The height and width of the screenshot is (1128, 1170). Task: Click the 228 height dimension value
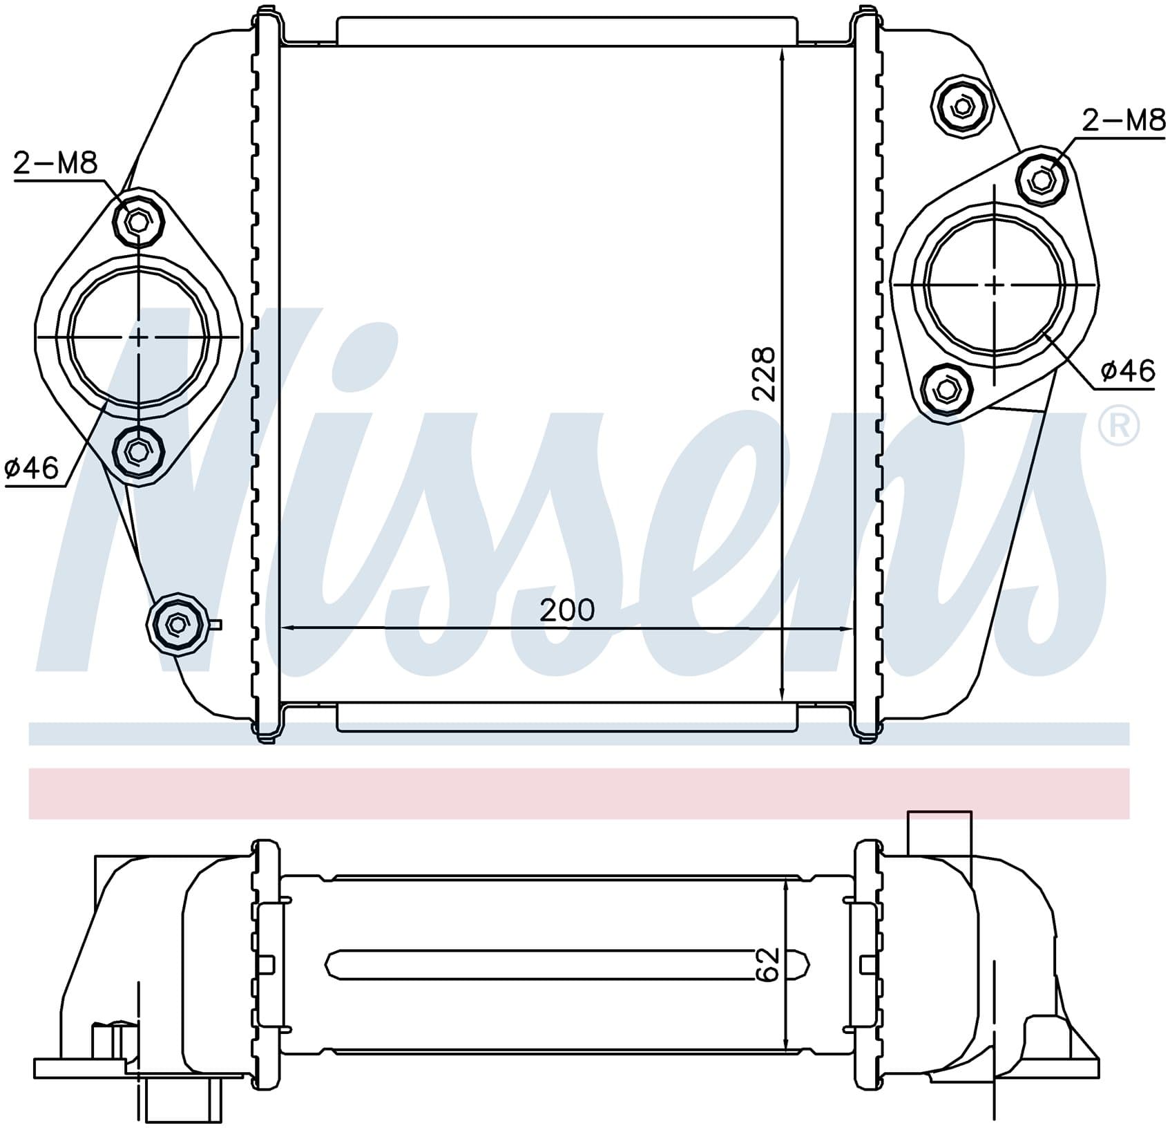764,374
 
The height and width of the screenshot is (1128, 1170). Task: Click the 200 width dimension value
566,610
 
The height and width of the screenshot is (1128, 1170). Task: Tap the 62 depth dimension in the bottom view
767,964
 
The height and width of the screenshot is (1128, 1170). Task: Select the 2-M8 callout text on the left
56,164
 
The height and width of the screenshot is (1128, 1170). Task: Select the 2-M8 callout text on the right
1123,121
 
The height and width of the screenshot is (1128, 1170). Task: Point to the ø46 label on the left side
32,469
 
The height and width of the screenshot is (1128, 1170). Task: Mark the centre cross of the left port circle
139,337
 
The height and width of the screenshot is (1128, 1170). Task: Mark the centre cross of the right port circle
995,284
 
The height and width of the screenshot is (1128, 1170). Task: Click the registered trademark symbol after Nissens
1119,426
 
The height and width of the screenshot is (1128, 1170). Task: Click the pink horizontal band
579,793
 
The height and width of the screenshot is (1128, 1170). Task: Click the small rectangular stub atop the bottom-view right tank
939,834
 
